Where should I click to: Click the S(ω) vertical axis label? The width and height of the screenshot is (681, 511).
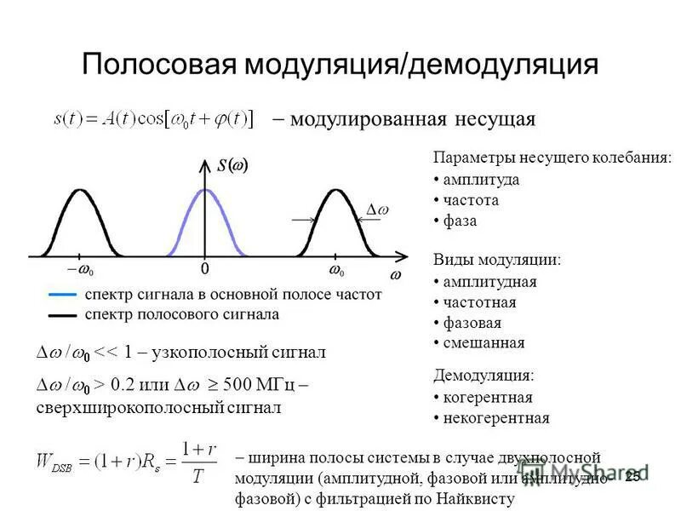tap(232, 166)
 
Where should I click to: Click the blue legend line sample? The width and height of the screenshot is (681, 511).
tap(63, 295)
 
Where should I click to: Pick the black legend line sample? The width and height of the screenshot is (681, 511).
tap(63, 314)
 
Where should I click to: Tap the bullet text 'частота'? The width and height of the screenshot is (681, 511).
tap(471, 201)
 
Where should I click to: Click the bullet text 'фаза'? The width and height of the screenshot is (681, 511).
tap(460, 221)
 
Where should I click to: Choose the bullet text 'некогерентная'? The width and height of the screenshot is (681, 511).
tap(496, 418)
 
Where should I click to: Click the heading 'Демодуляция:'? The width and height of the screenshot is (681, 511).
tap(484, 376)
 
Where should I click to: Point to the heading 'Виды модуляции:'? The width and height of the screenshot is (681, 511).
tap(496, 260)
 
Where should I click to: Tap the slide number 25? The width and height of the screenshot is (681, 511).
tap(632, 477)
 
